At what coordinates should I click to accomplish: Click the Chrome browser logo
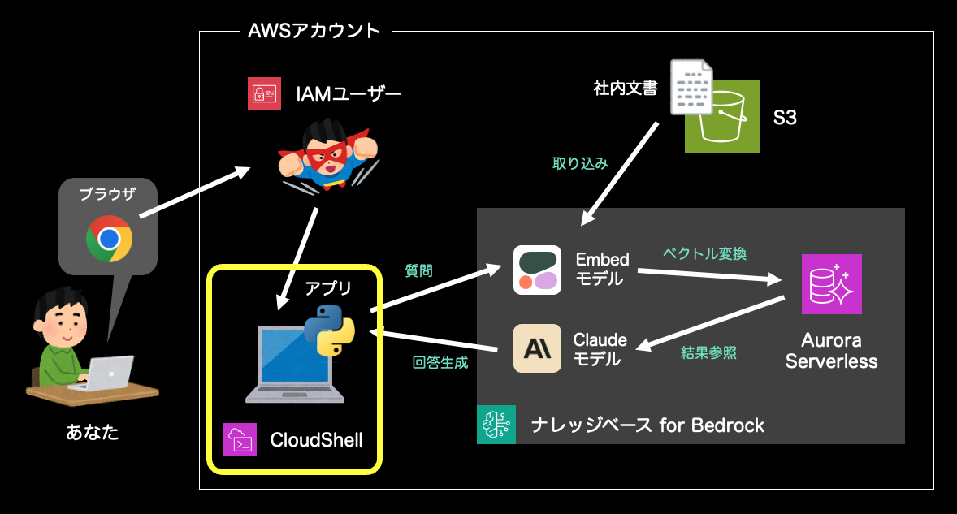coord(109,238)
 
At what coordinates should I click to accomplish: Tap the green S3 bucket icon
coord(722,116)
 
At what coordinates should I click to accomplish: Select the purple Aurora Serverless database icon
coord(831,284)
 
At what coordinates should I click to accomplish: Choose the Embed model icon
coord(537,270)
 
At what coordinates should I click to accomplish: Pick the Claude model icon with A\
coord(537,348)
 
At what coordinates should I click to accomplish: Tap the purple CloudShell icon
coord(240,439)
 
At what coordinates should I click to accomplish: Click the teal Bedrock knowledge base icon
coord(496,424)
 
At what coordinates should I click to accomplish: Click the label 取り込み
coord(580,163)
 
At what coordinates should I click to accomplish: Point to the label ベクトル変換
coord(704,253)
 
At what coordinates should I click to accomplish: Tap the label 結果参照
coord(708,353)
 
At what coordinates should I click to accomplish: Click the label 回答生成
coord(440,362)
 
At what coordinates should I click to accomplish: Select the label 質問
coord(418,271)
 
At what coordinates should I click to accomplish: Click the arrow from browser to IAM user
coord(194,193)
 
